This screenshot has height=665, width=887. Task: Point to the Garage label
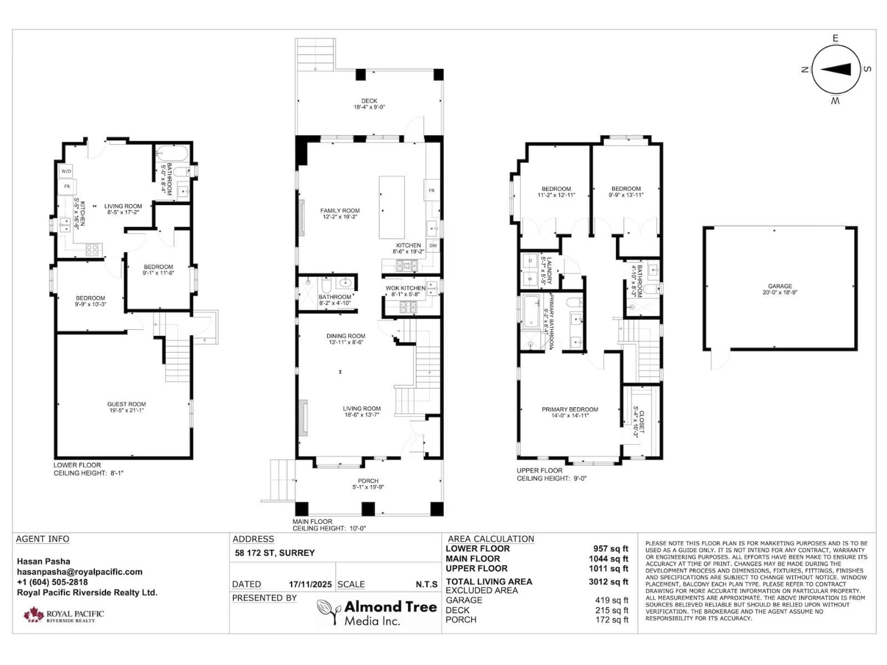780,286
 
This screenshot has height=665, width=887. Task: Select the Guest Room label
126,404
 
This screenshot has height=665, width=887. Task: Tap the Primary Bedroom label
570,409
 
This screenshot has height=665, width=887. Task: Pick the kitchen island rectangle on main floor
392,207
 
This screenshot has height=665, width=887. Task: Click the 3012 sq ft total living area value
608,582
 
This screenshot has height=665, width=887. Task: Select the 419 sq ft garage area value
611,600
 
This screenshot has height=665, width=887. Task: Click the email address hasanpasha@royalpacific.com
79,572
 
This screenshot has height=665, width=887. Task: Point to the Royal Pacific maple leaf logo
33,614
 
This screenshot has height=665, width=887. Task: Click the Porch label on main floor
368,481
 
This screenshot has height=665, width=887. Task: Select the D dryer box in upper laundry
530,261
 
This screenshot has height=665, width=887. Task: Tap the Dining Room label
346,336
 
